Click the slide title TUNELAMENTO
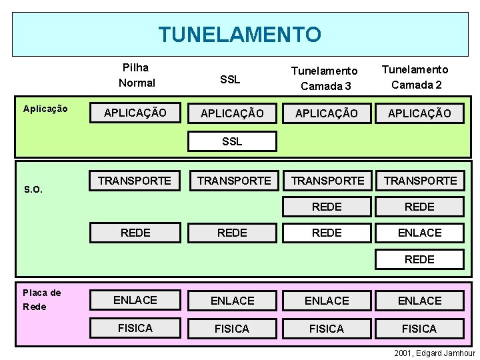[239, 33]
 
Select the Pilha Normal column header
[136, 75]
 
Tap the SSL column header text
[230, 79]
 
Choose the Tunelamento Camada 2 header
[419, 77]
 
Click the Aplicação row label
[45, 109]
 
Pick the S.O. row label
[33, 189]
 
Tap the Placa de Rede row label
[41, 299]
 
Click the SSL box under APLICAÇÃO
[232, 141]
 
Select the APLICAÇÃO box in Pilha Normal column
[135, 113]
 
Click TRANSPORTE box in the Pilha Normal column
[135, 180]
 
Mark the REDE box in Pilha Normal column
[135, 232]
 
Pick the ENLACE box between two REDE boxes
[419, 232]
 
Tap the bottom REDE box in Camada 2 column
[419, 259]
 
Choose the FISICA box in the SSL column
[232, 329]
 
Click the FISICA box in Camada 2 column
[419, 329]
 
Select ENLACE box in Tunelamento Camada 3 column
[327, 301]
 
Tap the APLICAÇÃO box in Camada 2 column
[419, 113]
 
